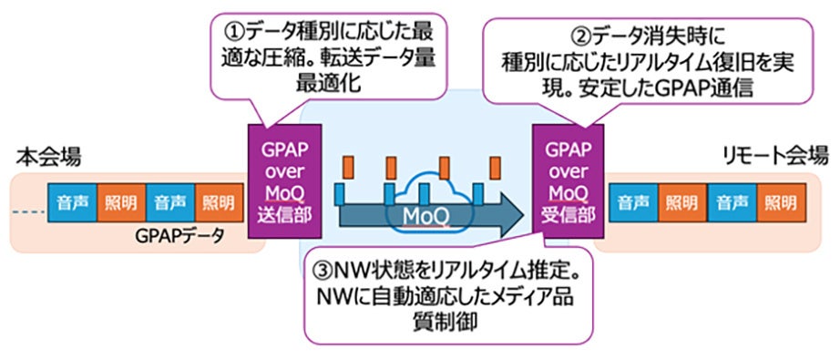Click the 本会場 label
[36, 157]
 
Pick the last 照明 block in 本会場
[217, 200]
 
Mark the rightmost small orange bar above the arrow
[496, 168]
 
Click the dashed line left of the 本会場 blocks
[29, 201]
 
